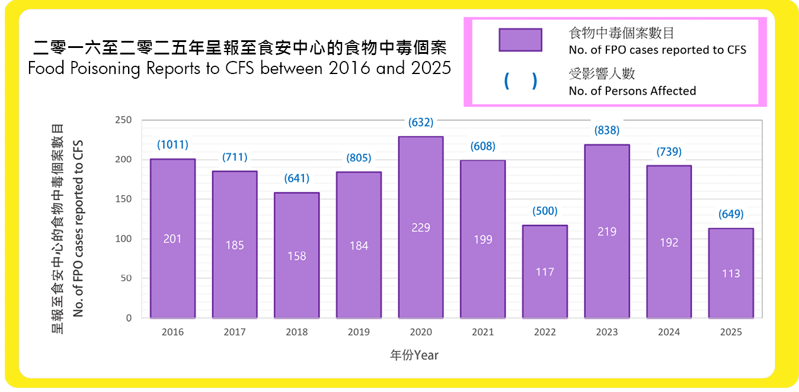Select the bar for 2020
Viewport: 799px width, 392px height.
(x=421, y=227)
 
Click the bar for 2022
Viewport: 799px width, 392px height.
(x=545, y=271)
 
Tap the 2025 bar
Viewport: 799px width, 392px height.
(x=731, y=273)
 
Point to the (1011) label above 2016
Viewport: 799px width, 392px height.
(x=172, y=144)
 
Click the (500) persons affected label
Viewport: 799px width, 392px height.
(x=545, y=211)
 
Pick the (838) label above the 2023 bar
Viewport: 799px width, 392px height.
(x=607, y=130)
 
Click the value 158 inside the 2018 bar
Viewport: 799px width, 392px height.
(x=296, y=256)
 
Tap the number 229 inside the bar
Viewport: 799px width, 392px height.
(x=421, y=227)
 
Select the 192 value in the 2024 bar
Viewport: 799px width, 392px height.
(x=669, y=242)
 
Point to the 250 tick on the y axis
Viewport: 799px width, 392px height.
(x=124, y=120)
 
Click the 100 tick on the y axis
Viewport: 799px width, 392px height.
(x=124, y=239)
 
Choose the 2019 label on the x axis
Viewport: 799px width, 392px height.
(x=359, y=332)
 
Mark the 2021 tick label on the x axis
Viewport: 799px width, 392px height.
(x=482, y=332)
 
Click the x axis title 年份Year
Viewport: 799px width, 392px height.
(x=414, y=355)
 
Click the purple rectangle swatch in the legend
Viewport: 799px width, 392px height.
(x=520, y=40)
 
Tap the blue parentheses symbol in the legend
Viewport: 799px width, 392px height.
(x=520, y=82)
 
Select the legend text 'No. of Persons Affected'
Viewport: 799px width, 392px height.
(x=632, y=91)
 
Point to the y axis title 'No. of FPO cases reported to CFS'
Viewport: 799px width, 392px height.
(x=79, y=228)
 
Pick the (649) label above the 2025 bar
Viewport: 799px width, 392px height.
(x=731, y=214)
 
